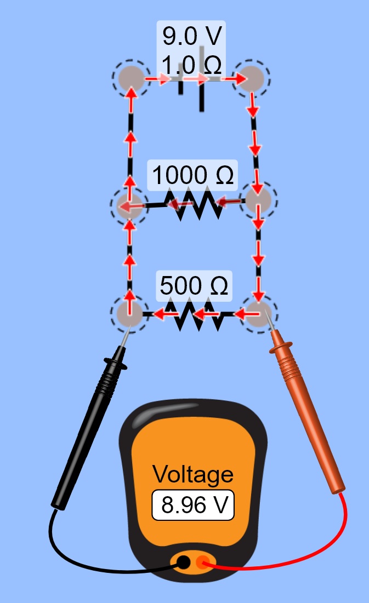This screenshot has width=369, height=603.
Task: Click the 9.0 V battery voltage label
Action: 191,36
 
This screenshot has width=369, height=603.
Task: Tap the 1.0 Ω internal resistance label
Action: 191,66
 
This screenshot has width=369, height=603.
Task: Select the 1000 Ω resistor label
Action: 192,176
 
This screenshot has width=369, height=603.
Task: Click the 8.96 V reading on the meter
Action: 192,506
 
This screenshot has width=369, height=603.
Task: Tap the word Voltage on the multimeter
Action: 192,474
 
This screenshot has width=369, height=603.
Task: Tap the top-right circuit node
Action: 253,77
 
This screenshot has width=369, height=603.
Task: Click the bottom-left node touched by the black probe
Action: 129,314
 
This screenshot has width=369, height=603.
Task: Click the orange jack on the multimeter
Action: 203,562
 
